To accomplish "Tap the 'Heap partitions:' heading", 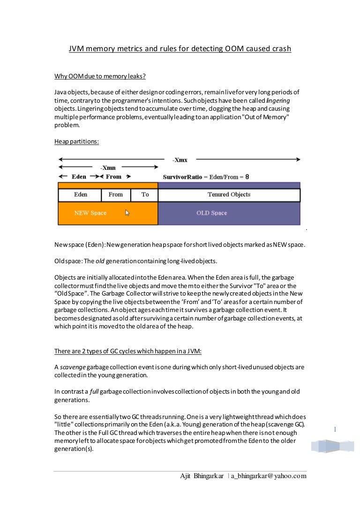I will tap(76, 142).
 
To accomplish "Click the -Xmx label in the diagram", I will tap(180, 160).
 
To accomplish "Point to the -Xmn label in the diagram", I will tap(108, 168).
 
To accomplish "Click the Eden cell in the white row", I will tap(80, 195).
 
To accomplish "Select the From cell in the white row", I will tap(115, 195).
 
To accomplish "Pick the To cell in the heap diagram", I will tap(145, 195).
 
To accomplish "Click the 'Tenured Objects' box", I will tap(229, 195).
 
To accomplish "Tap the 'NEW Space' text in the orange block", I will tap(90, 213).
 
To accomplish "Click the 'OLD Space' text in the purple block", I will tap(211, 213).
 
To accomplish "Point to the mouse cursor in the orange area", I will tap(127, 213).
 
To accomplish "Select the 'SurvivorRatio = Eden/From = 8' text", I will tap(206, 177).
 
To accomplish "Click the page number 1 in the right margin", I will tap(335, 429).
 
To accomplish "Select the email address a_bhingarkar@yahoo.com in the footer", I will tap(269, 476).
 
